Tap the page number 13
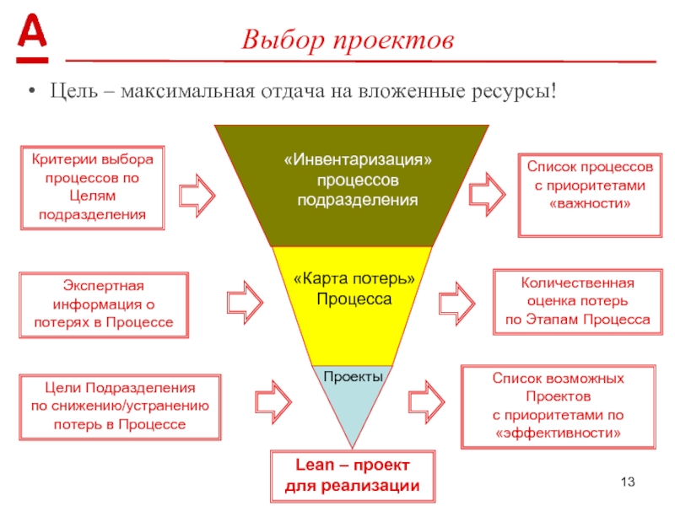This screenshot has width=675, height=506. click(x=626, y=482)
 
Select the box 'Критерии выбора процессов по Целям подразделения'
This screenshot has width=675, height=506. click(x=92, y=187)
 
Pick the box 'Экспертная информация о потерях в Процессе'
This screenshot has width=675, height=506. click(x=103, y=304)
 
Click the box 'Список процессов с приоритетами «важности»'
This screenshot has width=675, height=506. click(x=589, y=192)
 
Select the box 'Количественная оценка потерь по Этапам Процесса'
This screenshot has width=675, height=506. click(x=577, y=301)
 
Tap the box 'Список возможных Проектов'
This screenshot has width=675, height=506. click(x=558, y=406)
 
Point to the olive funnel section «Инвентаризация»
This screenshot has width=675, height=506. click(x=351, y=180)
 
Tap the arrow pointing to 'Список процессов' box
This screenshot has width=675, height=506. click(x=487, y=192)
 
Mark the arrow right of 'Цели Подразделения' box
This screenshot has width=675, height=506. click(x=273, y=399)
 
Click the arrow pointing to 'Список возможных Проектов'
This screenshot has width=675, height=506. click(x=425, y=398)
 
